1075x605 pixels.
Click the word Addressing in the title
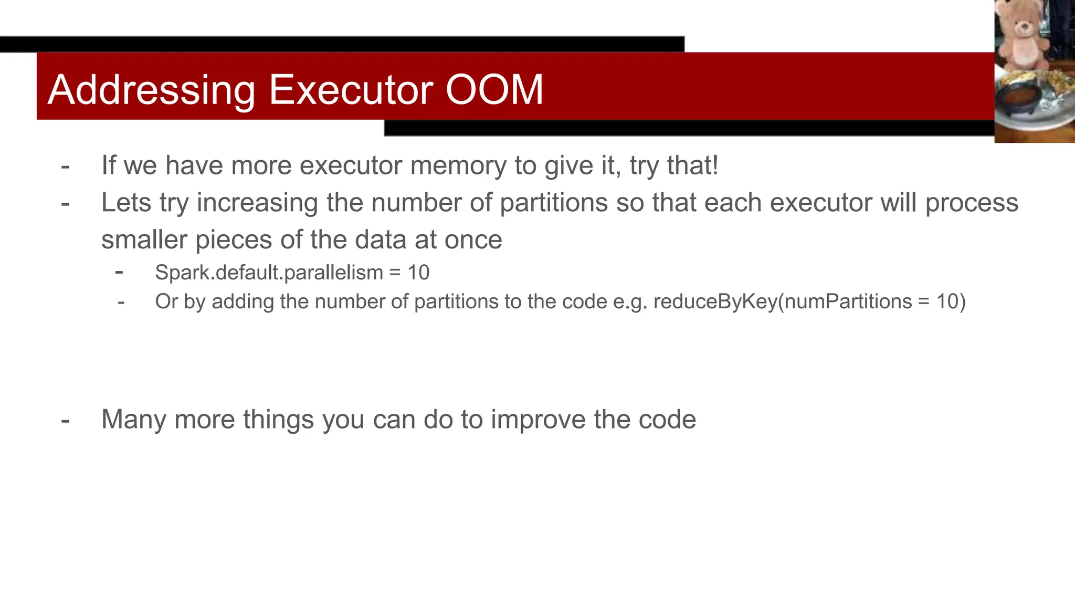click(x=151, y=90)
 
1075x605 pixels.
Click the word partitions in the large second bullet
click(x=554, y=203)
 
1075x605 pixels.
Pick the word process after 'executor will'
click(x=972, y=203)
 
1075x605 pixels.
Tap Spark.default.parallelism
click(x=269, y=273)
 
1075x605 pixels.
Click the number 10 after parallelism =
click(x=418, y=273)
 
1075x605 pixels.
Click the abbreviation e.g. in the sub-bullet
click(x=630, y=301)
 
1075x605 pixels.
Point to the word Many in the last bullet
click(x=134, y=420)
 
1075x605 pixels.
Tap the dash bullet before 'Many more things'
click(x=65, y=420)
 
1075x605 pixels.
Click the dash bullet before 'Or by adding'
click(x=121, y=302)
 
